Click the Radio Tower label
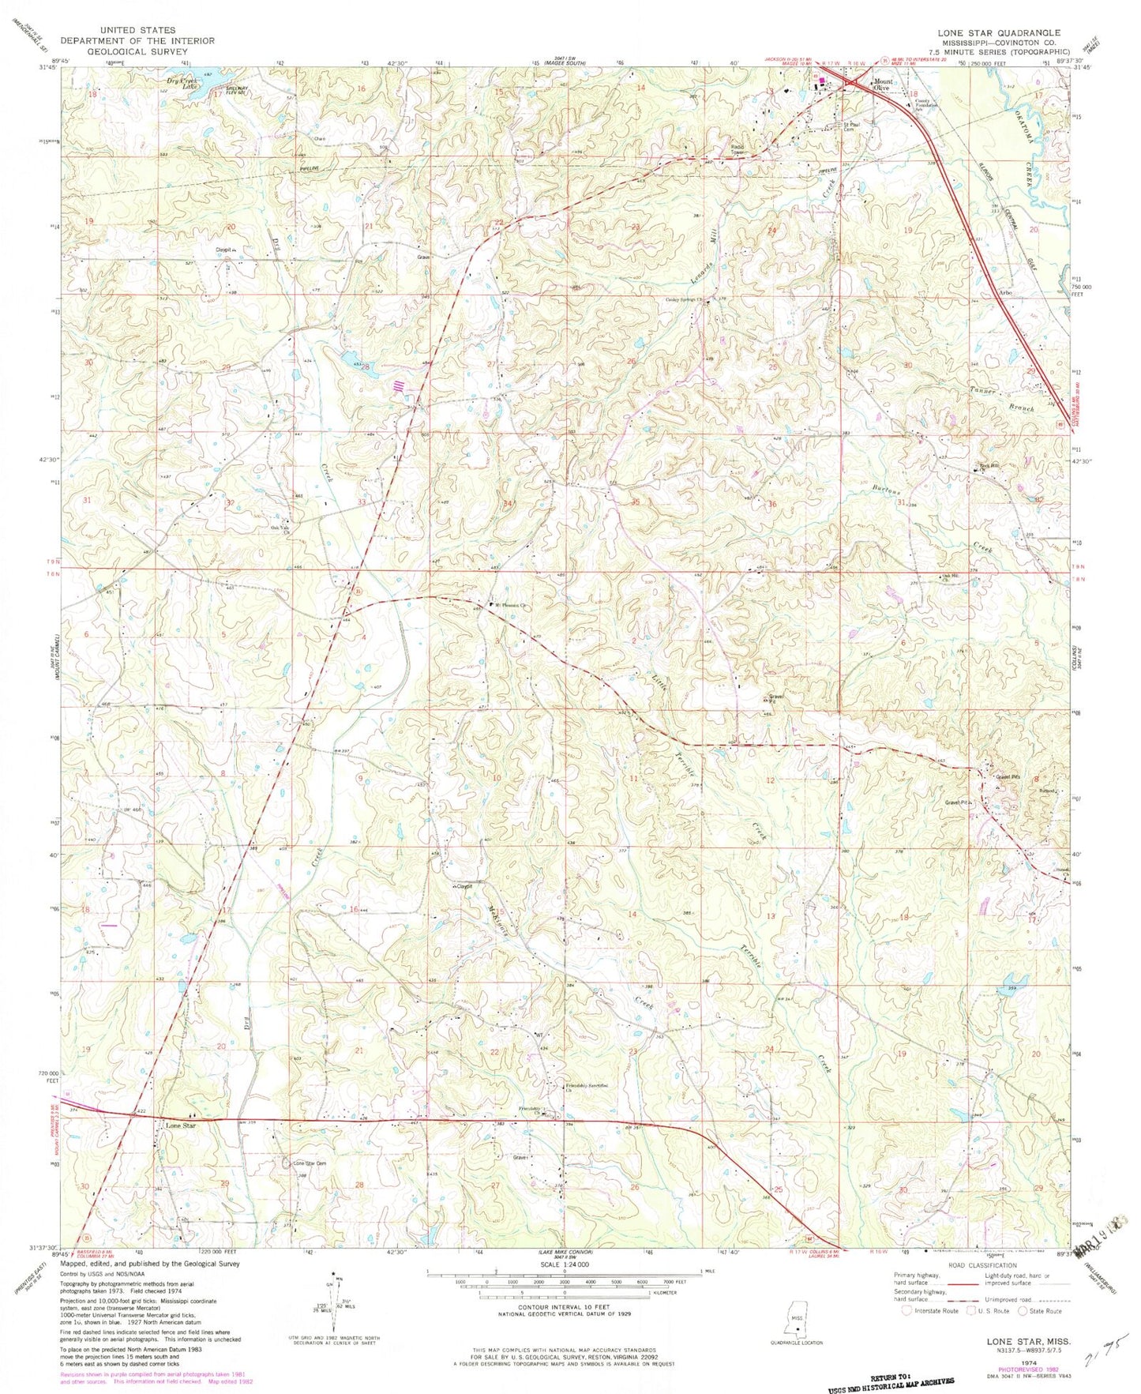(x=738, y=148)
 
